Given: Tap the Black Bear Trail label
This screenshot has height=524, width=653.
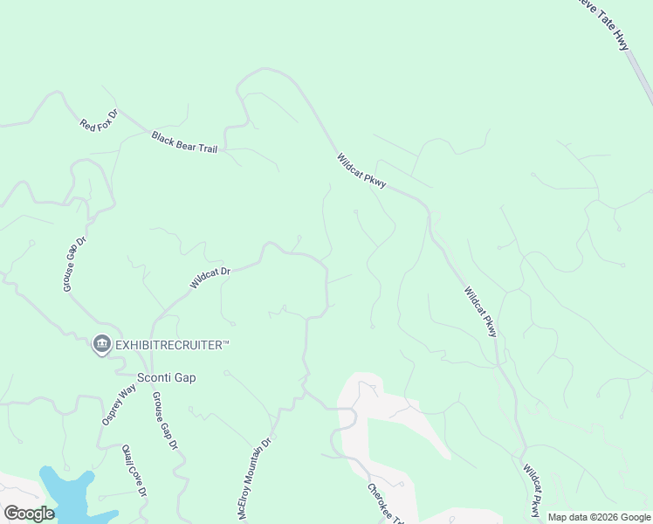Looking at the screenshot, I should (184, 142).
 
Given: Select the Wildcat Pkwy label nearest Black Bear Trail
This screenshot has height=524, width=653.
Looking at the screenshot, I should (361, 171).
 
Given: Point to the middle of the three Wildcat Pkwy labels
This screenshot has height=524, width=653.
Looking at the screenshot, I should (480, 312).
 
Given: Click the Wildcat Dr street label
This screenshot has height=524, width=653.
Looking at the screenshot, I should (210, 278).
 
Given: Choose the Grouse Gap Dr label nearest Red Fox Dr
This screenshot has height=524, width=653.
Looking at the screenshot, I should (74, 264).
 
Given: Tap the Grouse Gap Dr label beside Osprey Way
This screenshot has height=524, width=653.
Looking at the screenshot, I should (165, 420).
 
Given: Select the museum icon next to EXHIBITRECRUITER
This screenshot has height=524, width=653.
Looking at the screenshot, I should (101, 345).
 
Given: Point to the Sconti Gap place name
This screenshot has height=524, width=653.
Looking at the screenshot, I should (167, 377).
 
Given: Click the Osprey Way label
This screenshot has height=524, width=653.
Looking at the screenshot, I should (119, 405).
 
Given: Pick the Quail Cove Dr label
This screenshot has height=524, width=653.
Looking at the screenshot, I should (134, 470).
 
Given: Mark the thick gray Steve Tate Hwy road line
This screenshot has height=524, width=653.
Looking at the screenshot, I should (641, 79).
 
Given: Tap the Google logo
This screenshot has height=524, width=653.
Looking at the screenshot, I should (29, 514).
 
